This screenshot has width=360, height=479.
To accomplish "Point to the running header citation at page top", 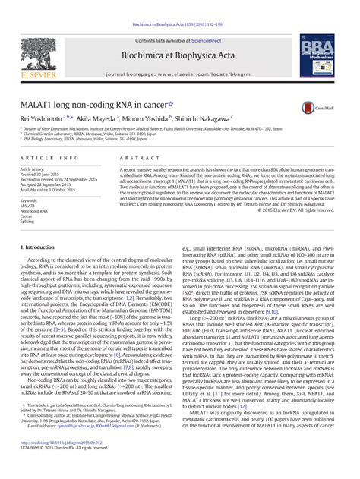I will pos(179,5).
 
